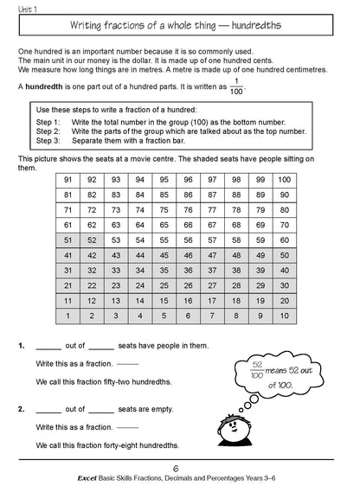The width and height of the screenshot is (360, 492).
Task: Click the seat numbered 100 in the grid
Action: pos(284,179)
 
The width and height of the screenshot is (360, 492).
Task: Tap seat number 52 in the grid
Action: pos(92,240)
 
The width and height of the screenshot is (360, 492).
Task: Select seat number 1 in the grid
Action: pos(67,316)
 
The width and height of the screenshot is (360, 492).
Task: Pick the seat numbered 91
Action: pos(67,179)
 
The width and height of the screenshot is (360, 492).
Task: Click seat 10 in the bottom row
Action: pos(284,316)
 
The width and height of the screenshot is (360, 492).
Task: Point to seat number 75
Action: pos(164,209)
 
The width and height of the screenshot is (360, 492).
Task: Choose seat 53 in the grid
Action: pos(116,240)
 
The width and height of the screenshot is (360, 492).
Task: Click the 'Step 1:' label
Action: pos(48,123)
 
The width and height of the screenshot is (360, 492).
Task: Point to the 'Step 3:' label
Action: pos(48,139)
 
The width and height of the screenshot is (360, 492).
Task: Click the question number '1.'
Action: pos(22,344)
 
